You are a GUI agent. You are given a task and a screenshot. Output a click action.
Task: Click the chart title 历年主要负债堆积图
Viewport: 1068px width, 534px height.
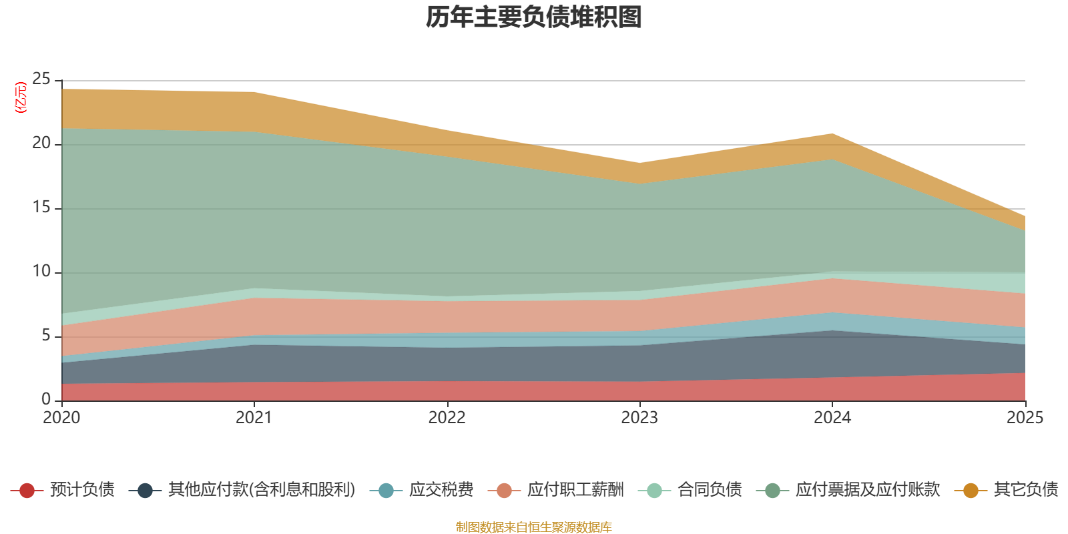[x=534, y=17]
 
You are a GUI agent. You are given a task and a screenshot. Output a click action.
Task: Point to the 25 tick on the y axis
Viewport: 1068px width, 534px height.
[x=41, y=79]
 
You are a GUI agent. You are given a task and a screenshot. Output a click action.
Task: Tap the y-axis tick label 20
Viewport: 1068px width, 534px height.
[x=41, y=144]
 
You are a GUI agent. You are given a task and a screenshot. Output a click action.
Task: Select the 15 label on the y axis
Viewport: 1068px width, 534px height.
[x=41, y=208]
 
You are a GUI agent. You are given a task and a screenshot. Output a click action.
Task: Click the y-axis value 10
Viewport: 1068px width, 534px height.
[x=41, y=272]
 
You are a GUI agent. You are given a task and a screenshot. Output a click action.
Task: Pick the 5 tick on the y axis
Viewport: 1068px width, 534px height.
[x=46, y=336]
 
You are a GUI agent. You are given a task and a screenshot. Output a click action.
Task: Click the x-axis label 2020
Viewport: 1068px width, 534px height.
[x=61, y=418]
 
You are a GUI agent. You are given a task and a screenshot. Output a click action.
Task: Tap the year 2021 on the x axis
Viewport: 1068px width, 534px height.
[x=254, y=418]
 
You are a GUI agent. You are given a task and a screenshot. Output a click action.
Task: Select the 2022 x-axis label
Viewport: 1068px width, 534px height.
[x=447, y=418]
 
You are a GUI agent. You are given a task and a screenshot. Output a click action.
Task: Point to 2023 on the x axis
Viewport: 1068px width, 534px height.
[x=639, y=418]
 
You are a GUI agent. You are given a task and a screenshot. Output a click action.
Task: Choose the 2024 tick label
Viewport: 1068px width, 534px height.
[x=832, y=418]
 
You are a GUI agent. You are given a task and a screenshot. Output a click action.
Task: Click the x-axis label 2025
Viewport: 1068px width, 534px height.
[x=1025, y=418]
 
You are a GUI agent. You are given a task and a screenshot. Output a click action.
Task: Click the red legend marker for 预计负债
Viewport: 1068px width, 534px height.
[x=27, y=491]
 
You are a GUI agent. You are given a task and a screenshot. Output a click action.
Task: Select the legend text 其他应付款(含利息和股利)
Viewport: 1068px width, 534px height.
[x=262, y=490]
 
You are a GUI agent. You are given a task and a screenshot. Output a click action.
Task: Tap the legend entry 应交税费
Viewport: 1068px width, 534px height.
[x=441, y=490]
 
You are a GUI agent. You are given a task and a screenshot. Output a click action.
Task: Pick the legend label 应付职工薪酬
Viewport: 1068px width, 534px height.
[x=575, y=490]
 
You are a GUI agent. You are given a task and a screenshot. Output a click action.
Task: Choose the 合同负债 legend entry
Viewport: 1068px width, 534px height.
[x=710, y=490]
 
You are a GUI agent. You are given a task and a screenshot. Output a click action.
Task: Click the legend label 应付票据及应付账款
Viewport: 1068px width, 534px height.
[x=867, y=490]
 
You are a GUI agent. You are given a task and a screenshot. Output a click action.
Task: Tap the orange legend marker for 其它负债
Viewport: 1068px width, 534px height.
[x=971, y=491]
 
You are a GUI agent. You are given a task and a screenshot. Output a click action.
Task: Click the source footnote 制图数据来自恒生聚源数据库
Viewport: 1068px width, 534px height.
[x=534, y=527]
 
